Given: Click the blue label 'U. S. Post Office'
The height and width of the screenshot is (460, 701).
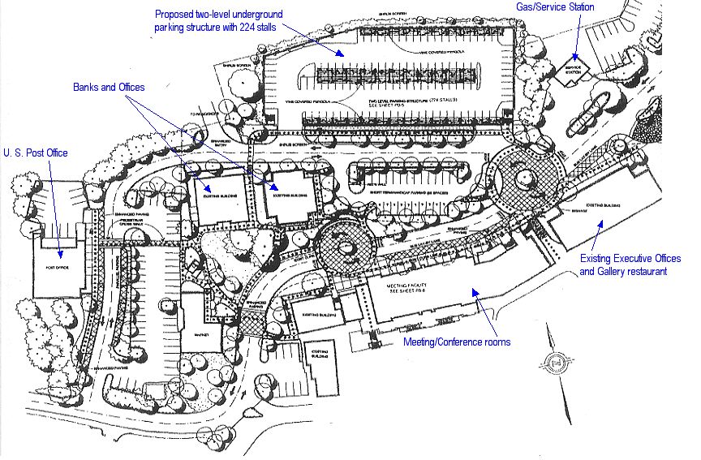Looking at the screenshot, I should [x=39, y=152].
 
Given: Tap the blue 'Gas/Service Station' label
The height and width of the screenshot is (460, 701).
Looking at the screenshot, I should [x=555, y=7].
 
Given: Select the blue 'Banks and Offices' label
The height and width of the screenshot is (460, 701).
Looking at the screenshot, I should [x=108, y=86].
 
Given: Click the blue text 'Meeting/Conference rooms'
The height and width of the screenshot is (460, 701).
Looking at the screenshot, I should [x=457, y=342].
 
